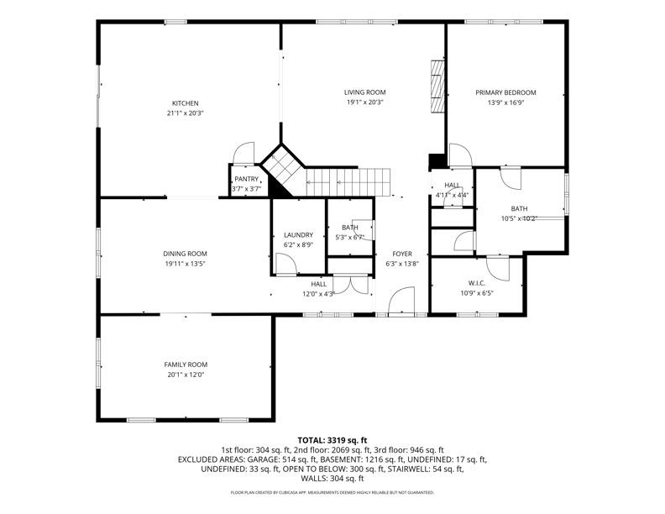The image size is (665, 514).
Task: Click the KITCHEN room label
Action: click(x=185, y=103)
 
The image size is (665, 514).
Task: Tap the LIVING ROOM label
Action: click(x=364, y=92)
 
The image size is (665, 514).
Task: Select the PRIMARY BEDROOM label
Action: click(x=505, y=92)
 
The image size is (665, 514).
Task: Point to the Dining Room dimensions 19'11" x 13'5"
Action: click(x=185, y=264)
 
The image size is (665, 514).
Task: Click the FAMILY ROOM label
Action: click(x=185, y=365)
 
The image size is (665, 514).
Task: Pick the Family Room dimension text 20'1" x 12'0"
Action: click(x=185, y=375)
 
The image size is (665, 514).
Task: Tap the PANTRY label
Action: click(x=246, y=179)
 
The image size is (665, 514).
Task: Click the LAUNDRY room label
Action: click(x=298, y=235)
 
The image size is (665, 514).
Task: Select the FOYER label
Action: click(x=401, y=254)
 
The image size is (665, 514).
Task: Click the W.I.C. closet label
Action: click(x=477, y=283)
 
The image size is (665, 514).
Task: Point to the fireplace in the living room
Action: click(x=435, y=87)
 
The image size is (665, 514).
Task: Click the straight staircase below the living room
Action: click(x=348, y=179)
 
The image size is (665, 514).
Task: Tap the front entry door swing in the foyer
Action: click(x=402, y=302)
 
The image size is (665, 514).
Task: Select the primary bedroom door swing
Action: click(x=458, y=156)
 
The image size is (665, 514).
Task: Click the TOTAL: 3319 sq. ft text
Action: click(x=332, y=440)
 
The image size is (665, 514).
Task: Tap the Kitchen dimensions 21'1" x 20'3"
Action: click(x=185, y=113)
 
